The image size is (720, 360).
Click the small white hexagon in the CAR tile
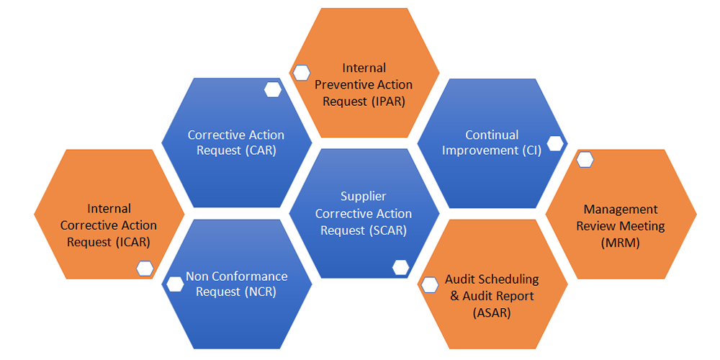coord(273,90)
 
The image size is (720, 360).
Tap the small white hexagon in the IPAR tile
coord(301,73)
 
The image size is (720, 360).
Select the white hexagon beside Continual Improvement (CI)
coord(554,143)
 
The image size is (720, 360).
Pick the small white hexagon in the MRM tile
coord(585,159)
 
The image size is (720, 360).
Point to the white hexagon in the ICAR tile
coord(145,269)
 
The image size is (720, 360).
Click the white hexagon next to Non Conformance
coord(175,284)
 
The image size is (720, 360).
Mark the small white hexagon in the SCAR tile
coord(401,267)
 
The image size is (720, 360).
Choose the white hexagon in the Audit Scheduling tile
coord(430,284)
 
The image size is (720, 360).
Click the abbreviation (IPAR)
coord(389,101)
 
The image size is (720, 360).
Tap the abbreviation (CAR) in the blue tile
coord(262,150)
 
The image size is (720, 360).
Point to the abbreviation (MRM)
coord(621,243)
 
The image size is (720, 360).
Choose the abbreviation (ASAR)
coord(492,311)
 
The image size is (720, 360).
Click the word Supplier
coord(364,196)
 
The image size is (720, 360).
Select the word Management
coord(621,210)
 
